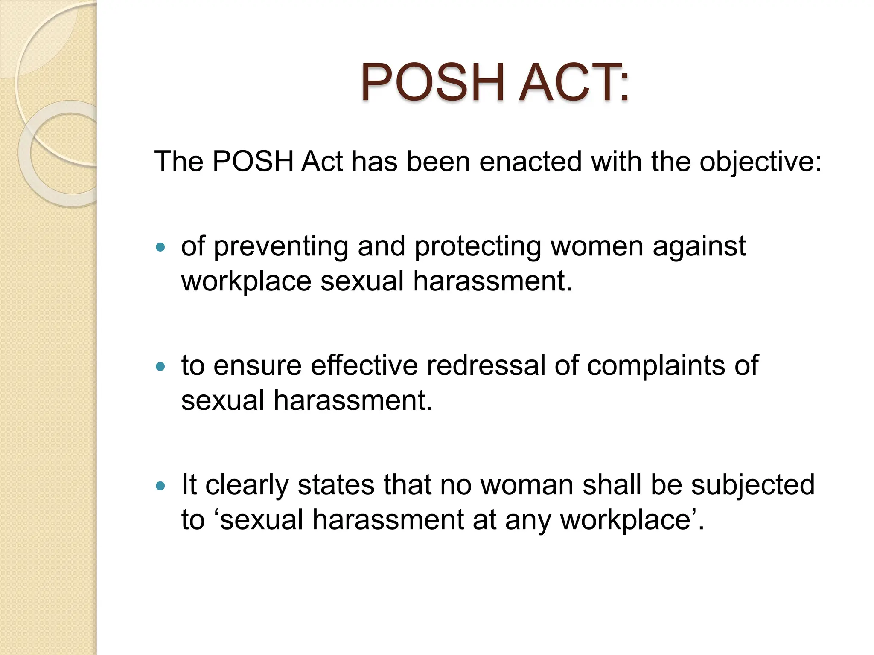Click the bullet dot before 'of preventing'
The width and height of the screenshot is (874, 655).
point(160,247)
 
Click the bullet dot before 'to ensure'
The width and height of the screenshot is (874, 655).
point(160,366)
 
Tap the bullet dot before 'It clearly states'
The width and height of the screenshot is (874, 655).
point(160,485)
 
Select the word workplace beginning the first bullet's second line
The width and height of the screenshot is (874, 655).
point(246,282)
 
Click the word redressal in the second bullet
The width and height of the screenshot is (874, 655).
point(486,365)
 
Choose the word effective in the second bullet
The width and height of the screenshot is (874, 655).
point(364,365)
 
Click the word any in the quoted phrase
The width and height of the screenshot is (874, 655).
point(527,521)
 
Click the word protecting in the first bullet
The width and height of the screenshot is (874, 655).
point(478,247)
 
